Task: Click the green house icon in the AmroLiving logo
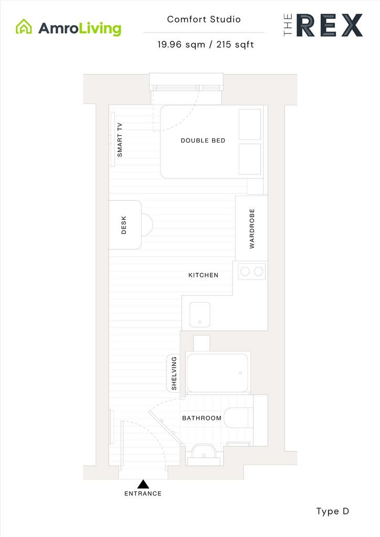24,27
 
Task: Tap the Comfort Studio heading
204,19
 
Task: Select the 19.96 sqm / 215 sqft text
206,45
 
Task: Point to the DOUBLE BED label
203,141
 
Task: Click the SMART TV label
120,139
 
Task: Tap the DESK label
124,225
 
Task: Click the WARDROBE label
252,229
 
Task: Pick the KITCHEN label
203,275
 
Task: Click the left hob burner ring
245,272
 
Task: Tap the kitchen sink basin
200,315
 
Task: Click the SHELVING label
174,373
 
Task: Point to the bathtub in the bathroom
218,373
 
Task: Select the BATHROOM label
202,418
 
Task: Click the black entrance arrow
143,484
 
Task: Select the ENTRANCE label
143,493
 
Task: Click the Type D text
332,512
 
